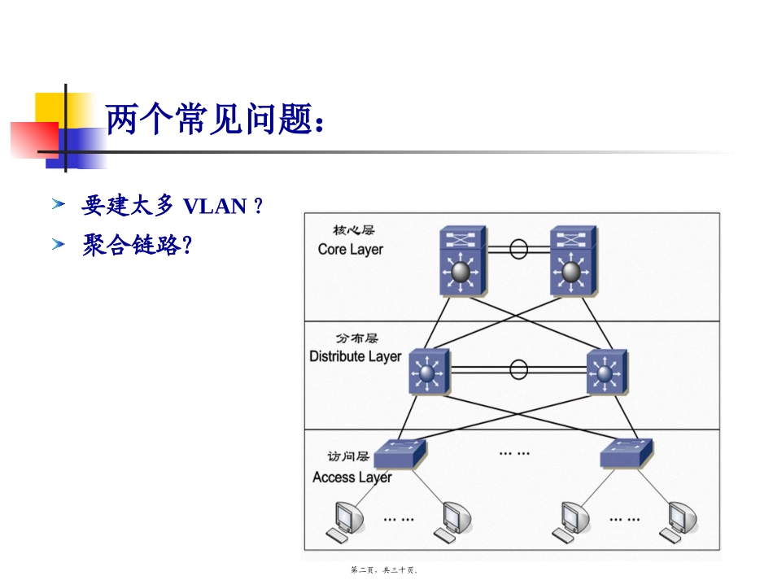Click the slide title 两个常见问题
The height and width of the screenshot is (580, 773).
(x=215, y=120)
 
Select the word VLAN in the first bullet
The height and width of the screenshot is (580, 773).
(x=215, y=207)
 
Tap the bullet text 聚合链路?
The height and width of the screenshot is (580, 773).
(x=137, y=245)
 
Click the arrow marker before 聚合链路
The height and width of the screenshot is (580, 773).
(x=58, y=244)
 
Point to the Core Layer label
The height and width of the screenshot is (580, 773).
(x=351, y=250)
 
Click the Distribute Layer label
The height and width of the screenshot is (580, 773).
(x=356, y=356)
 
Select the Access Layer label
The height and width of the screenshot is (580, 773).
(x=352, y=477)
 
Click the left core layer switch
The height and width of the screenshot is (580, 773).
(x=463, y=260)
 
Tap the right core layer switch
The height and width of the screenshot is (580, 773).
(x=574, y=260)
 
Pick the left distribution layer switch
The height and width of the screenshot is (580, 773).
(x=430, y=372)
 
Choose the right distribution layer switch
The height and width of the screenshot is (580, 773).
(x=607, y=372)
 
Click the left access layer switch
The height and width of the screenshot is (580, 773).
(x=400, y=453)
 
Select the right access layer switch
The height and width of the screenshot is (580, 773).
(x=626, y=453)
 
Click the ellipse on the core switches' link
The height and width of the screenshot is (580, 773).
(x=518, y=249)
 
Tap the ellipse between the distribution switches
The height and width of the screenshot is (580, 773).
(x=518, y=369)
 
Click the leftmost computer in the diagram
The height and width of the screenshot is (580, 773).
(x=346, y=522)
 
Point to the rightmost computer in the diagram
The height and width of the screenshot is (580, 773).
(x=679, y=522)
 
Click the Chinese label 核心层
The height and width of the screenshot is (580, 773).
(x=353, y=230)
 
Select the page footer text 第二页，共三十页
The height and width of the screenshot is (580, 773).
(x=385, y=570)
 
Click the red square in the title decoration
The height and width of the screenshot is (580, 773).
(x=34, y=140)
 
